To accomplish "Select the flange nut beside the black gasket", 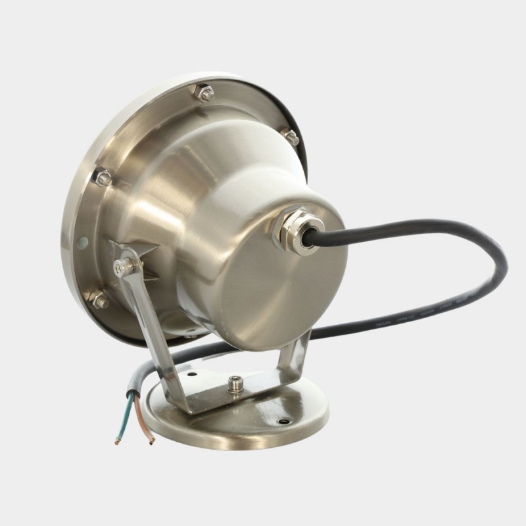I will pos(290,136).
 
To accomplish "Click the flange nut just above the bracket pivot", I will pos(103,177).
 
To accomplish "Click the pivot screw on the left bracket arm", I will pos(121,266).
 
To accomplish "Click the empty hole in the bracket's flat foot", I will pos(192,377).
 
